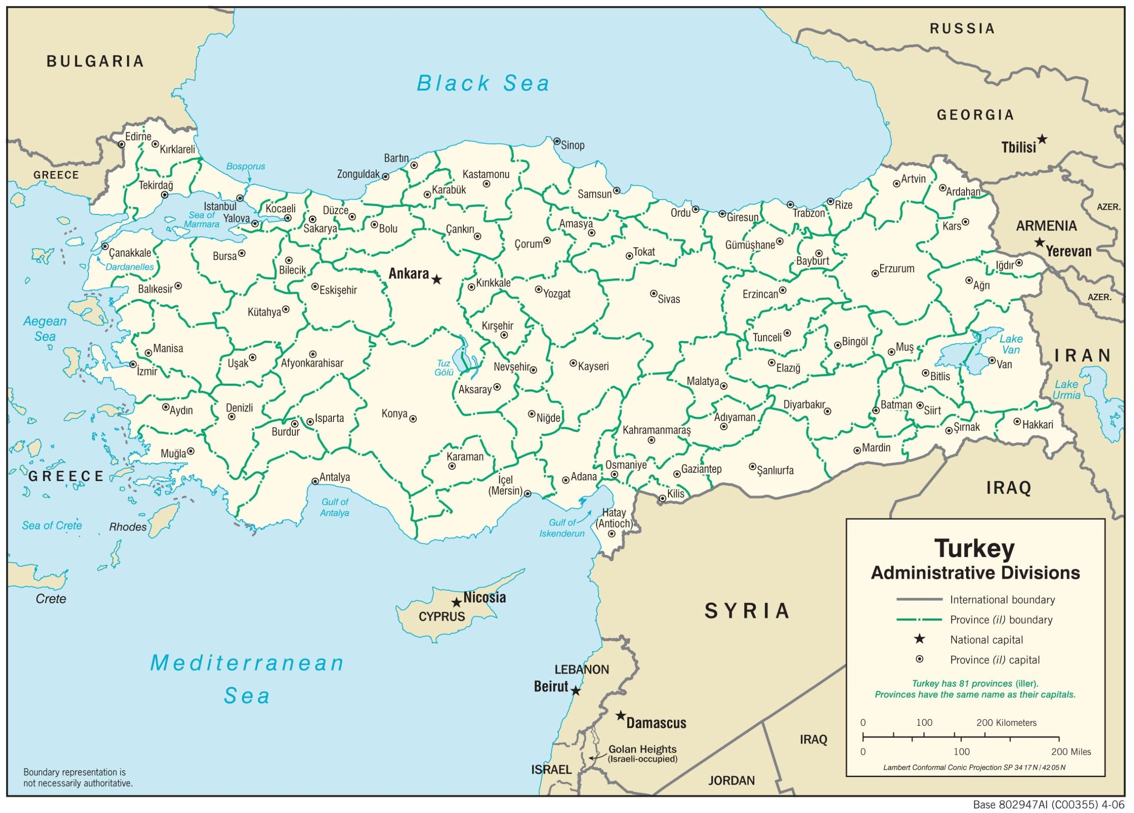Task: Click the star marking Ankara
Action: pos(436,280)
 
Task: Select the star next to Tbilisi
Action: pos(1042,139)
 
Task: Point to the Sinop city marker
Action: pos(556,141)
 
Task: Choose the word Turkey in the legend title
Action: pos(975,548)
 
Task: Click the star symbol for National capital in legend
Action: pos(919,639)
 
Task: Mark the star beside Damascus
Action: pos(621,716)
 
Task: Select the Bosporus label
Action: pos(245,167)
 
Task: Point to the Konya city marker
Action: pos(413,419)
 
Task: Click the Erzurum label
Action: pos(897,268)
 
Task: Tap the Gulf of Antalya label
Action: pos(334,507)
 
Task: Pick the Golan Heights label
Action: pos(642,750)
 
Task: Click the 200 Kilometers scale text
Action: pos(1006,723)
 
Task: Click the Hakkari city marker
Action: pos(1017,421)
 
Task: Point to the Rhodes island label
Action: pos(128,527)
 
